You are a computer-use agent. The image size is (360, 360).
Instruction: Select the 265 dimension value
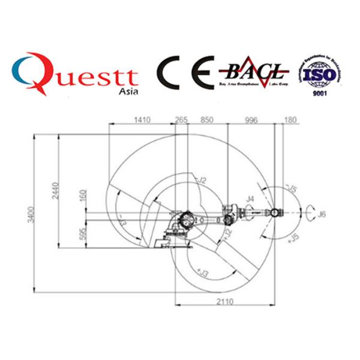point(181,120)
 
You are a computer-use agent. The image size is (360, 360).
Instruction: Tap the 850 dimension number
point(206,120)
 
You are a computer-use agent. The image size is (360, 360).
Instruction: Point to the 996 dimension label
point(251,120)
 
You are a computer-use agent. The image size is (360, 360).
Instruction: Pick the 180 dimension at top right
point(290,120)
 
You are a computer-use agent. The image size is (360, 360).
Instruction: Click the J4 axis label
point(250,198)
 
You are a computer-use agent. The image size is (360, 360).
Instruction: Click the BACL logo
point(255,74)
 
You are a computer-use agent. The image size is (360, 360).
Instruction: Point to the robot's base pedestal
point(171,242)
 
